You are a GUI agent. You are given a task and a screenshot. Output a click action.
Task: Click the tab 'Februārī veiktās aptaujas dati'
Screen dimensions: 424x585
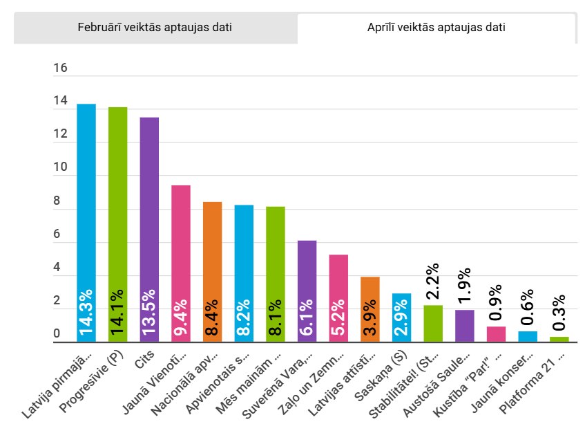pyautogui.click(x=155, y=28)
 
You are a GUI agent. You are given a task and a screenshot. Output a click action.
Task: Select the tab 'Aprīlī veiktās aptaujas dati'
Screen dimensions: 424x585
pyautogui.click(x=437, y=28)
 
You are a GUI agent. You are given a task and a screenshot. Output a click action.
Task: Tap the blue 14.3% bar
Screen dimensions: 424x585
pyautogui.click(x=86, y=221)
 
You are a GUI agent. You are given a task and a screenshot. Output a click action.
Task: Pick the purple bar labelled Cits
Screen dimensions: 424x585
pyautogui.click(x=149, y=228)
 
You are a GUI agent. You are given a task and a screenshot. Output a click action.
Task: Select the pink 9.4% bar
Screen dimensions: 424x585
pyautogui.click(x=181, y=263)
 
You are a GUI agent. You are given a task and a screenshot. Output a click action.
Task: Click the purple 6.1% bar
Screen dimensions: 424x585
pyautogui.click(x=307, y=291)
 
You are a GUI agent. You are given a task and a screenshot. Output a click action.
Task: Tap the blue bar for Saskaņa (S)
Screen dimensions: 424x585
pyautogui.click(x=401, y=317)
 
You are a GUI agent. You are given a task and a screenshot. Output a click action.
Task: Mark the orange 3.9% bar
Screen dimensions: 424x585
pyautogui.click(x=370, y=308)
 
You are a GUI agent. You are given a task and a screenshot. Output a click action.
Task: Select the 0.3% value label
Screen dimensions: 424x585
pyautogui.click(x=559, y=313)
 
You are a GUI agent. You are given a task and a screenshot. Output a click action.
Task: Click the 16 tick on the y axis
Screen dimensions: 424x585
pyautogui.click(x=60, y=68)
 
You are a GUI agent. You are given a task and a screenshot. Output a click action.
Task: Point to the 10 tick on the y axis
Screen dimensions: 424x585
pyautogui.click(x=60, y=168)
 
